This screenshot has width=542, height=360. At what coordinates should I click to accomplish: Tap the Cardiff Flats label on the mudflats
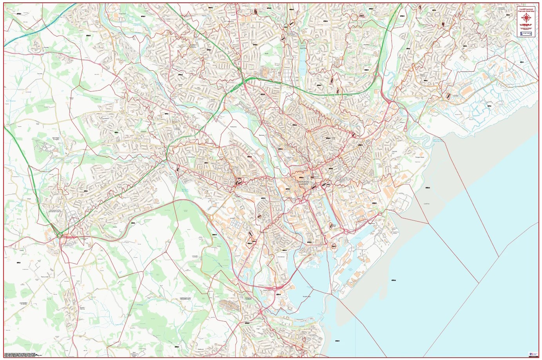[x=428, y=204]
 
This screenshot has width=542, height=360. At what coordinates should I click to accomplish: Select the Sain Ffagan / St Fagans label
[x=56, y=138]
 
